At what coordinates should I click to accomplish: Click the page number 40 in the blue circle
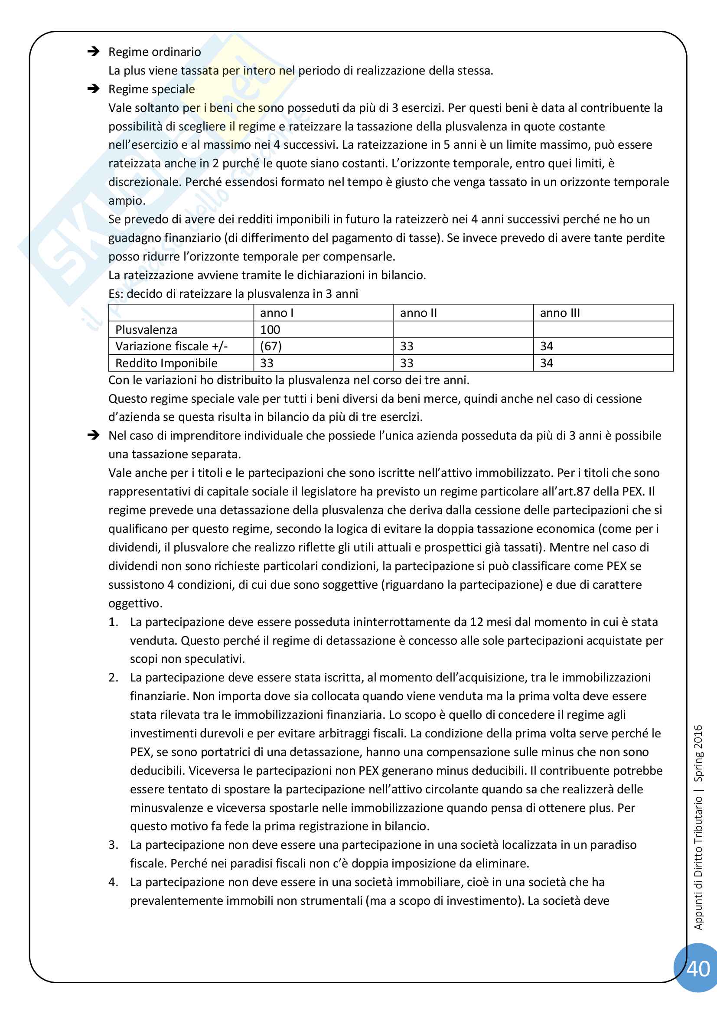(x=697, y=968)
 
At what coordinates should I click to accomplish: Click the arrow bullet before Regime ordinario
(x=93, y=52)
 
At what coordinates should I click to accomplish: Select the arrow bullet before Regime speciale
(x=93, y=89)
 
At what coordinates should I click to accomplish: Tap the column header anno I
(x=277, y=313)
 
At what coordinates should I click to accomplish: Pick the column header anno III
(x=560, y=313)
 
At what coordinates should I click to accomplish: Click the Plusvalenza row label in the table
(x=146, y=329)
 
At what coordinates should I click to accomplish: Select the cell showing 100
(x=270, y=329)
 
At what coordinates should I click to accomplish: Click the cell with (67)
(x=271, y=346)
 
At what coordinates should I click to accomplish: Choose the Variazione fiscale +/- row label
(x=171, y=346)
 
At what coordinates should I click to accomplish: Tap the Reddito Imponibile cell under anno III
(x=547, y=363)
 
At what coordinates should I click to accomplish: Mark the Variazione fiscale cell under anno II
(x=407, y=346)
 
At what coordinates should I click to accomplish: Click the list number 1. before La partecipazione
(x=114, y=622)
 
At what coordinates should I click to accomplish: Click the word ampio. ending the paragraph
(x=127, y=201)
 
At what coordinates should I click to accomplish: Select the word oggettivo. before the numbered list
(x=135, y=603)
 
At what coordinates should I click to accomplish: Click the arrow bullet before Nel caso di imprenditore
(x=93, y=435)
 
